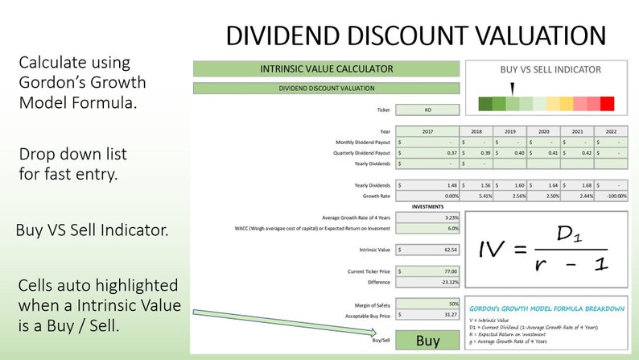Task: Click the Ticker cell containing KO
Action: tap(428, 110)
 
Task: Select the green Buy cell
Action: tap(428, 341)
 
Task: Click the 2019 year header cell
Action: tap(509, 131)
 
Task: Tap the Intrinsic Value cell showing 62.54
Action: tap(428, 250)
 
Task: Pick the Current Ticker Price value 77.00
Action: tap(428, 271)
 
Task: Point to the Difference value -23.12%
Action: tap(428, 282)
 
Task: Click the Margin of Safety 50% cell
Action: tap(428, 304)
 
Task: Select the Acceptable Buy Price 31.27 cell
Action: tap(428, 315)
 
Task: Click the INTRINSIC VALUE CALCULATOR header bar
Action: tap(326, 69)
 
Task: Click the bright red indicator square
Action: tap(607, 103)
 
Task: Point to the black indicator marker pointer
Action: tap(512, 88)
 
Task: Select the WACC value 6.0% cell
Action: tap(428, 229)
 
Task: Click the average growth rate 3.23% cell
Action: tap(428, 217)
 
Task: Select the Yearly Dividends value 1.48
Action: tap(428, 185)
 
